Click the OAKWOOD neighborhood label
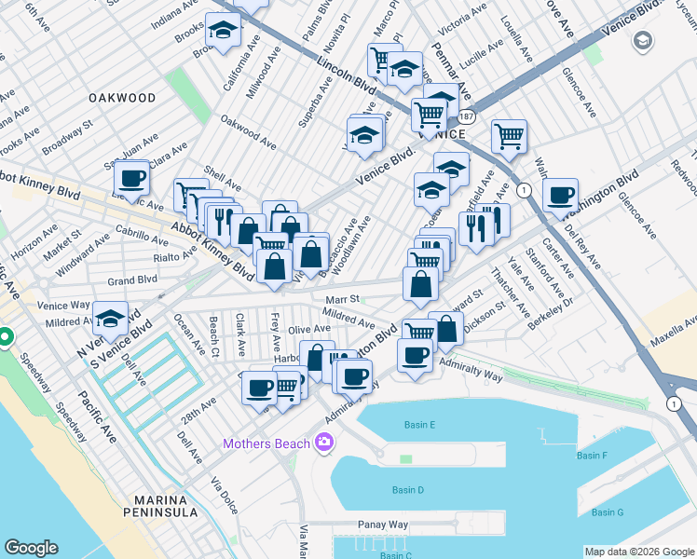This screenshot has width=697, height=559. [x=122, y=97]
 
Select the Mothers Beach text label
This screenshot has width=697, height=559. [x=266, y=443]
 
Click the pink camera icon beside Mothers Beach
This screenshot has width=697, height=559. [x=324, y=442]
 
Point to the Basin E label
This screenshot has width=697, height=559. [x=419, y=425]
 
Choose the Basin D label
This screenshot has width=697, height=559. [x=407, y=490]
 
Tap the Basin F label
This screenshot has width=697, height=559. [x=592, y=456]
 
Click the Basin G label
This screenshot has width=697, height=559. [x=608, y=512]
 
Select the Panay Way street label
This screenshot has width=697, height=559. [x=383, y=525]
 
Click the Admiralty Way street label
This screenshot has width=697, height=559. [x=471, y=370]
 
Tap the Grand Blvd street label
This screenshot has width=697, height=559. [x=132, y=279]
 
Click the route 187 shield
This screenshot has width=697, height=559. [x=465, y=115]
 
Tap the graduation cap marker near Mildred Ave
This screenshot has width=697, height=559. [x=111, y=319]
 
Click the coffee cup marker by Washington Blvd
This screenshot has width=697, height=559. [x=561, y=196]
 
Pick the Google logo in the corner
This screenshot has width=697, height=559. [x=31, y=548]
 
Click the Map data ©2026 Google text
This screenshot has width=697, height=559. [x=638, y=552]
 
